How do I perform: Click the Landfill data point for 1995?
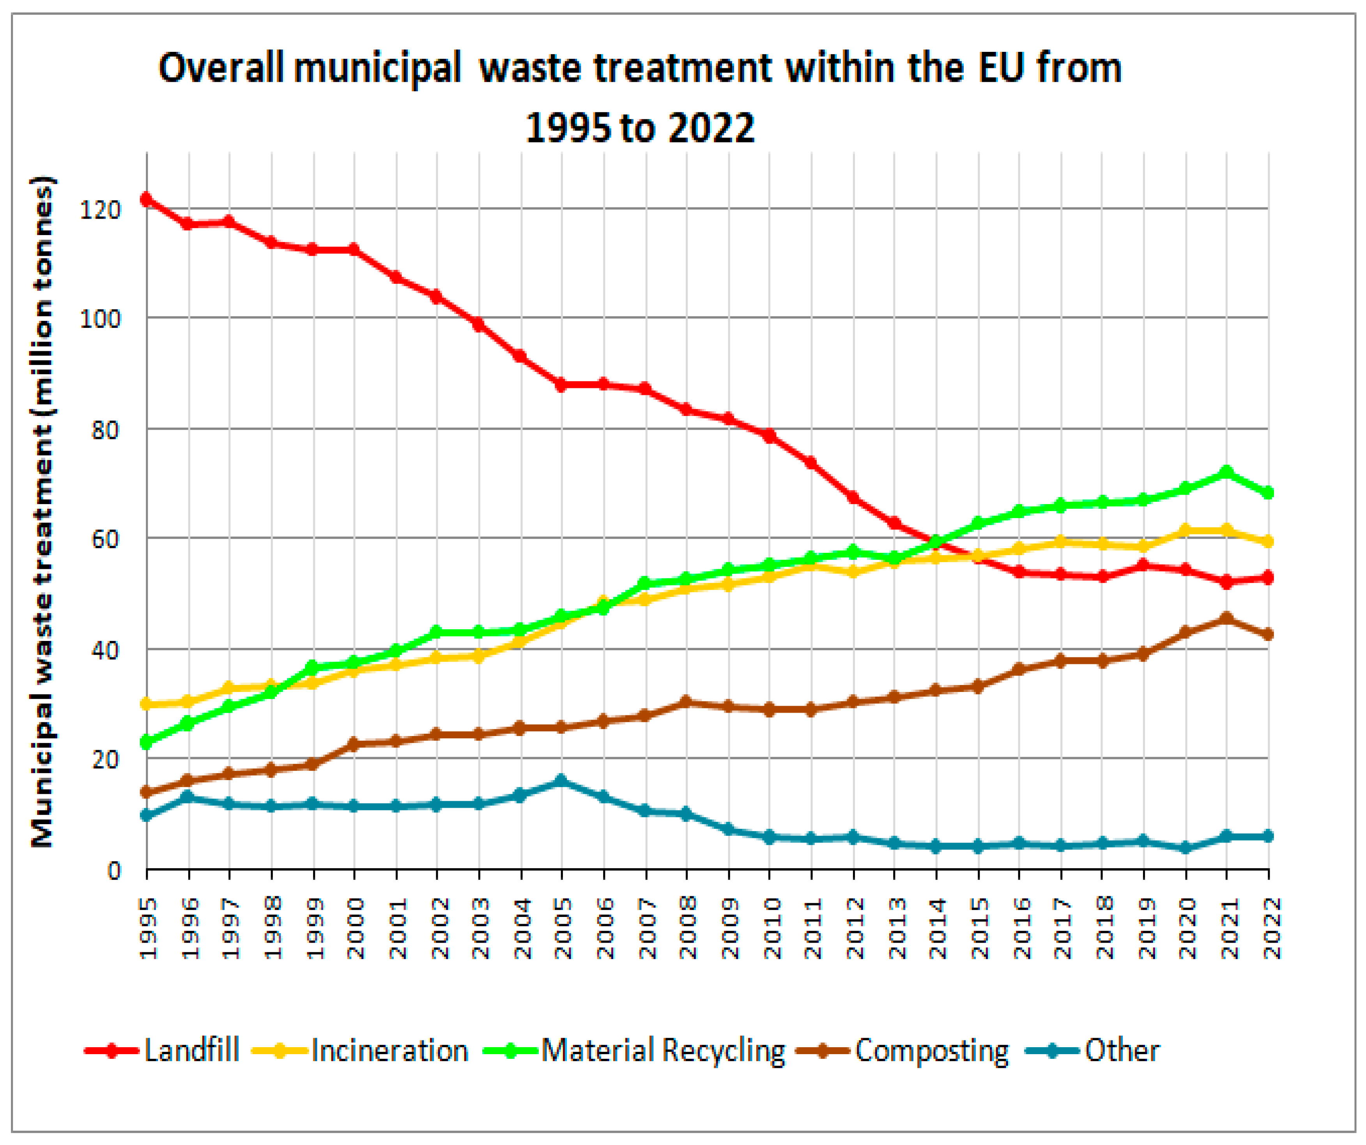147,199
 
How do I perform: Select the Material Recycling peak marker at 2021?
1227,473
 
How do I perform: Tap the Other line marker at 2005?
561,780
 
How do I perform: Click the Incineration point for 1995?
147,704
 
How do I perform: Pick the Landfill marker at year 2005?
561,384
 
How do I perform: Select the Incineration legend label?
389,1050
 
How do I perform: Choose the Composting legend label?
931,1050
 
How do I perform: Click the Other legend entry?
1122,1050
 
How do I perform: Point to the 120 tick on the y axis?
99,209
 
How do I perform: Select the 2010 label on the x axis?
771,928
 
